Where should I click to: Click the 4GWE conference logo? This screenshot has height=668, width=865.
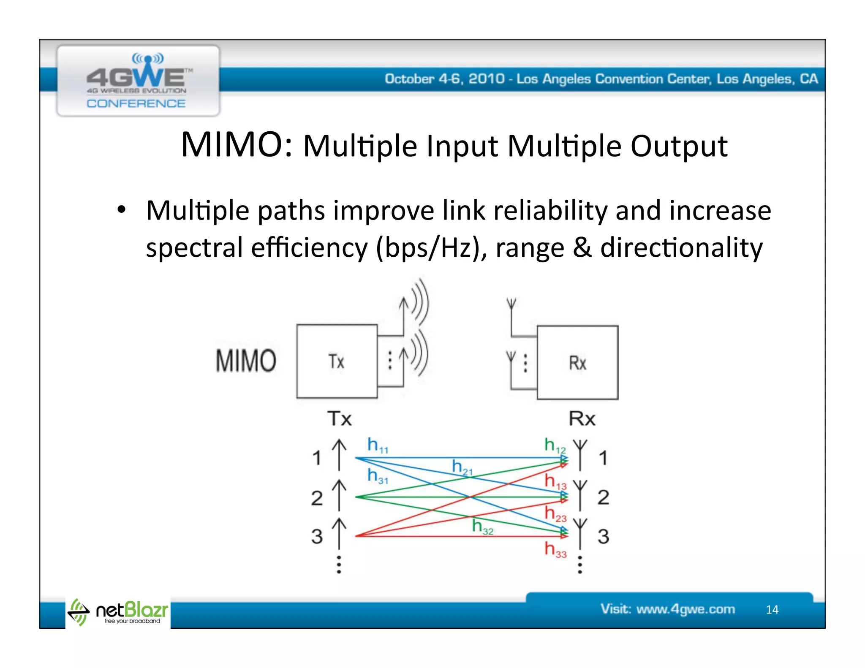(138, 81)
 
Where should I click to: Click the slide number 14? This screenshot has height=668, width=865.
(772, 609)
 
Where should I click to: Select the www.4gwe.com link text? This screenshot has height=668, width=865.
(685, 609)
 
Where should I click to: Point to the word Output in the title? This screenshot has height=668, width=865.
(679, 146)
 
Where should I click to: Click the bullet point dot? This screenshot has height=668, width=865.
(122, 209)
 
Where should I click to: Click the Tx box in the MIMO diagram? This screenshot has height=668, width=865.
(337, 361)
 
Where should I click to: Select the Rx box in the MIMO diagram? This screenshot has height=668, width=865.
(577, 363)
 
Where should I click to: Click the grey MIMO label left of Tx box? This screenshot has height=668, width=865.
(246, 361)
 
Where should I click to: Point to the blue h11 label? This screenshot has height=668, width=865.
(377, 445)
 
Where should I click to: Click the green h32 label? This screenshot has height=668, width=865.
(482, 527)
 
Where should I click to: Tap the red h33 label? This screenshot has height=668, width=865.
(555, 549)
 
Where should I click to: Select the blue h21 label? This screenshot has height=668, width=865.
(462, 467)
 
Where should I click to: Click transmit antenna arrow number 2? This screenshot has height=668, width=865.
(339, 495)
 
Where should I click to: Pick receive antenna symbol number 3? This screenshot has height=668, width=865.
(580, 534)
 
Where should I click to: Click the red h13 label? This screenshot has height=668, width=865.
(555, 481)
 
